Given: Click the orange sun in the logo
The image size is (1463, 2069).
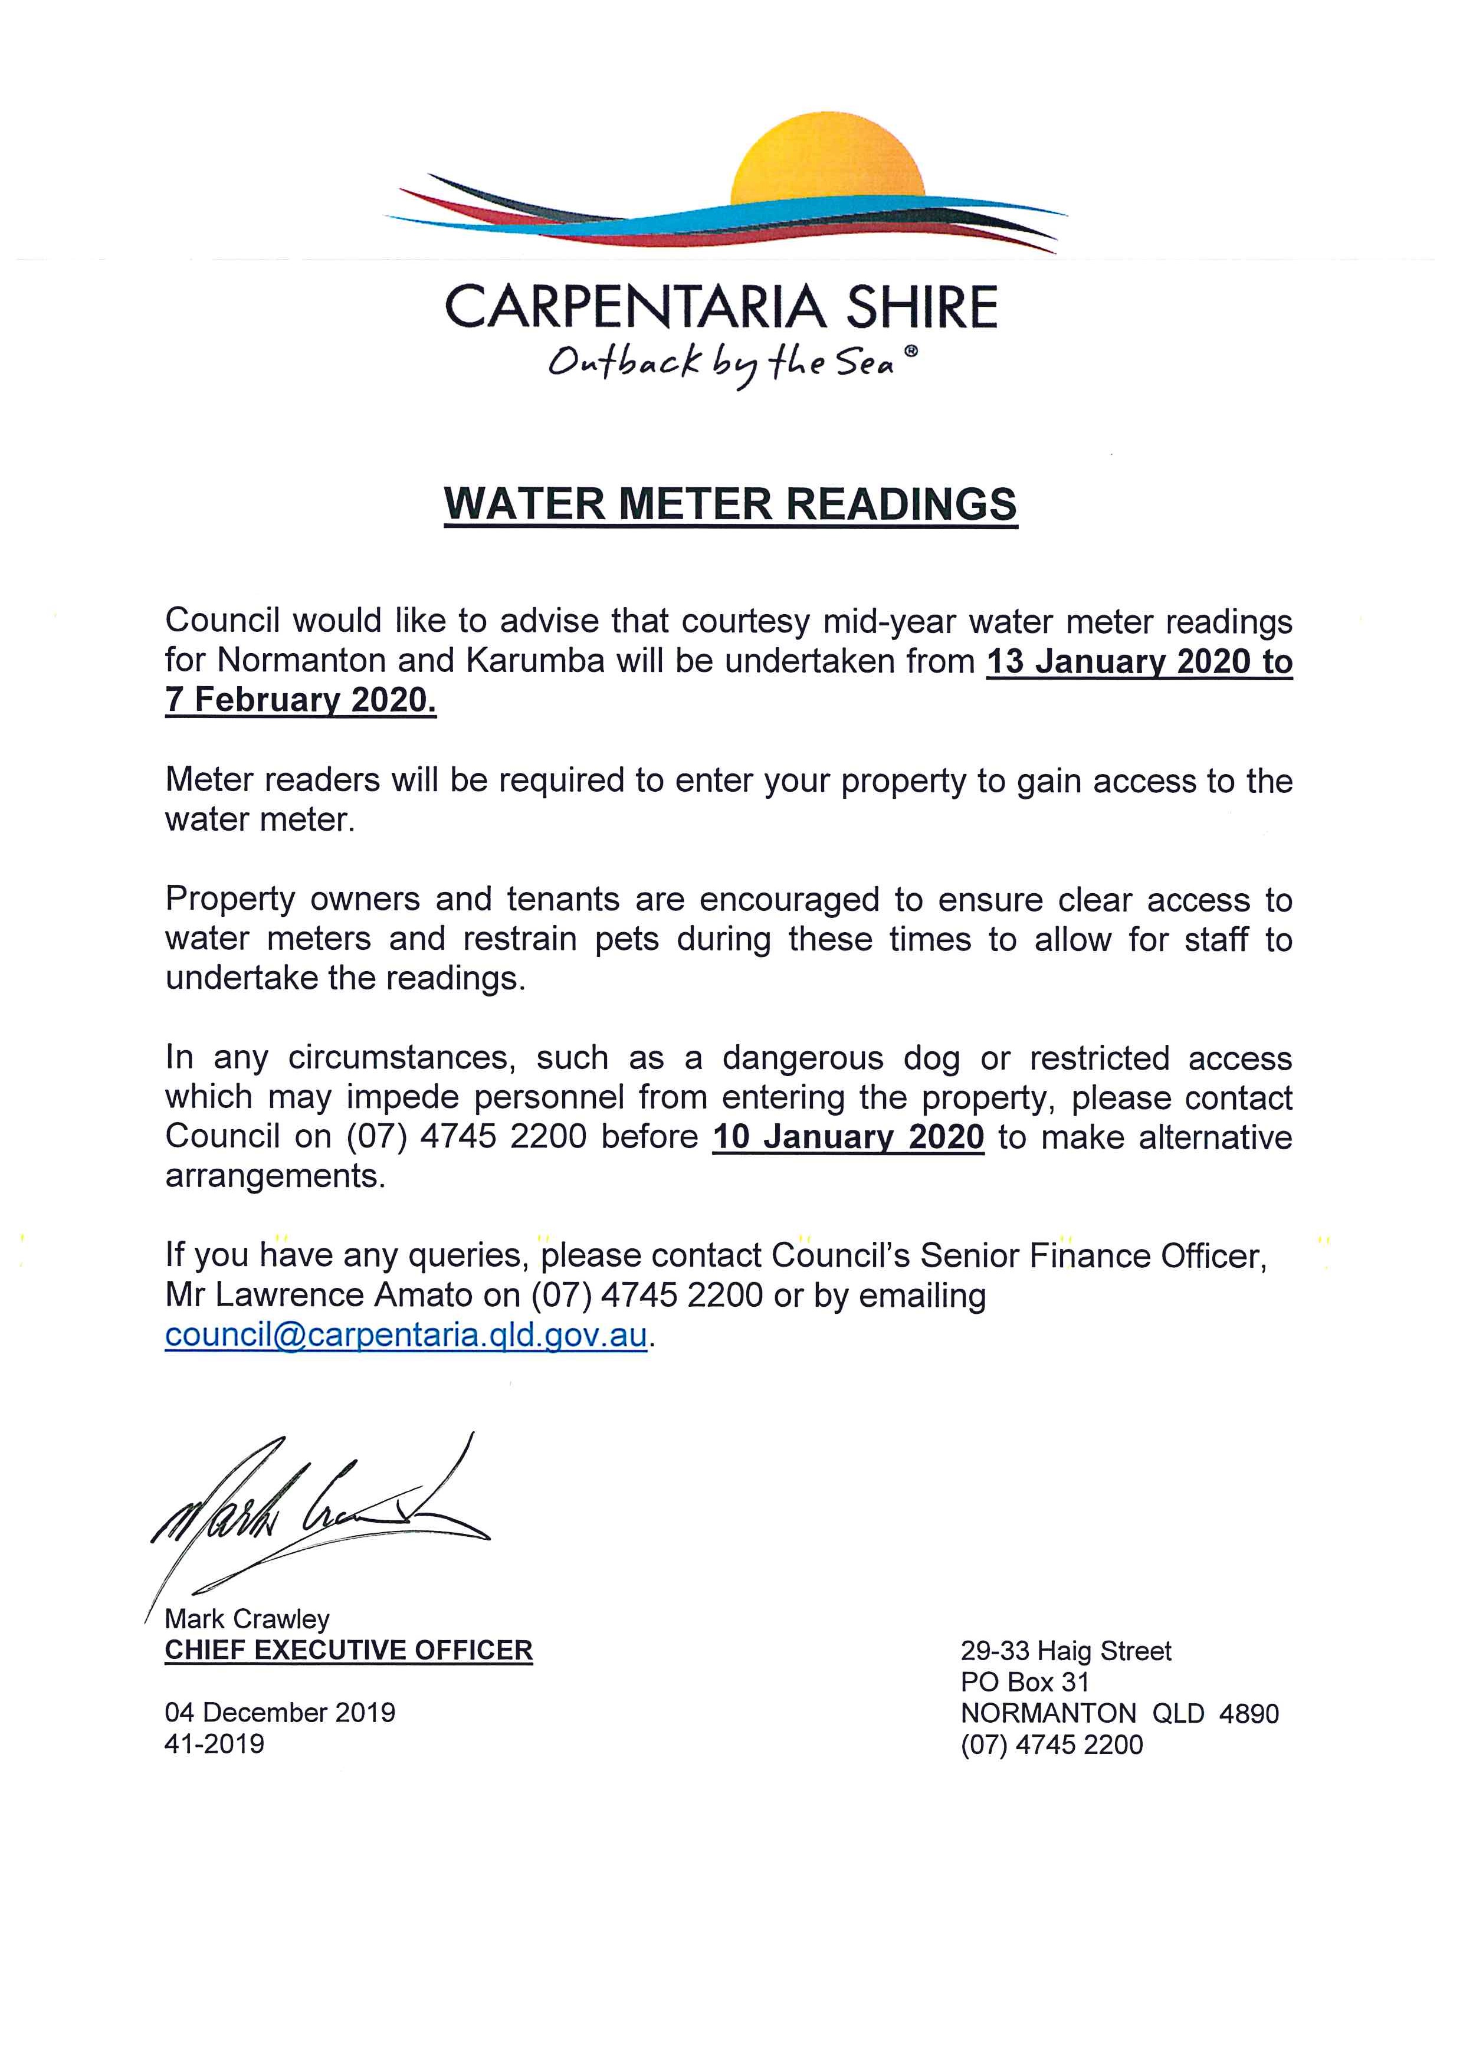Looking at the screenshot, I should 827,160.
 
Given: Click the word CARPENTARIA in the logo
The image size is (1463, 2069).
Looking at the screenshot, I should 634,307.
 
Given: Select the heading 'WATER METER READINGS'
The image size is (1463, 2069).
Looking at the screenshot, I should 730,504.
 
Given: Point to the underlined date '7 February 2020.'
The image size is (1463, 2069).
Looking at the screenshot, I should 301,700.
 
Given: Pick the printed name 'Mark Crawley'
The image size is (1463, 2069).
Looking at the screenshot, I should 247,1619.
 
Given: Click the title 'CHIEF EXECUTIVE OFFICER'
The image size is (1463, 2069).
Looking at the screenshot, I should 349,1650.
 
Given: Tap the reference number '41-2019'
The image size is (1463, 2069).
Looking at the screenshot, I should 214,1744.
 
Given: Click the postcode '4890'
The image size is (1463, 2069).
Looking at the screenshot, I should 1249,1713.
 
